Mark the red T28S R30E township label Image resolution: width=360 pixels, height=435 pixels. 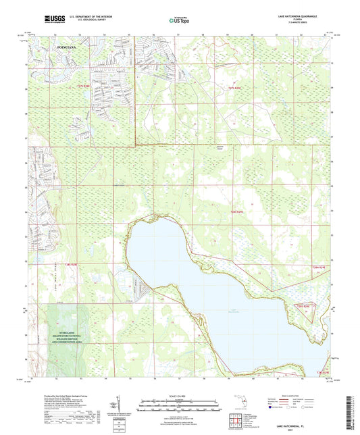(319, 267)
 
